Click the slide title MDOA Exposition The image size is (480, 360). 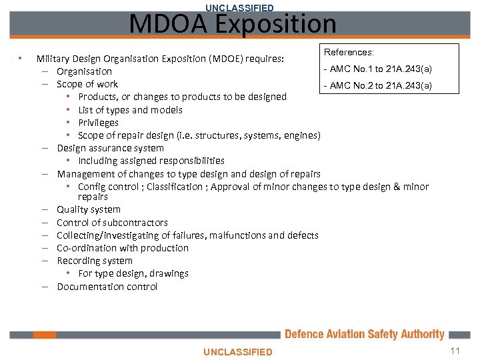coord(233,25)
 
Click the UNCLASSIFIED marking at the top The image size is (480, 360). coord(239,7)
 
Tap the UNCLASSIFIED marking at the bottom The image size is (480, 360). coord(238,351)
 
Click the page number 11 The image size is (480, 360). coord(455,351)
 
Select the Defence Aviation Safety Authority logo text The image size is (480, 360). coord(364,334)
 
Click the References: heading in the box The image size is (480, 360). coord(349,52)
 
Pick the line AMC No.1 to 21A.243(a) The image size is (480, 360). coord(377,69)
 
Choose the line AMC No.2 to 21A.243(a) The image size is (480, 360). coord(377,85)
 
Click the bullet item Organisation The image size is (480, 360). coord(84,71)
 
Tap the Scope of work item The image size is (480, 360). coord(87,84)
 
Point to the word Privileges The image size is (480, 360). coord(98,123)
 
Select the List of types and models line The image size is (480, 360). coord(130,110)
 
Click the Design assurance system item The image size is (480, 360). coord(110,148)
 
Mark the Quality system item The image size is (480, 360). coord(89,209)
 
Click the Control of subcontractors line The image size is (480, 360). coord(112,223)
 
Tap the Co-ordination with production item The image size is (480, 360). coord(123,248)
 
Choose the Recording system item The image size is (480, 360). coord(95,261)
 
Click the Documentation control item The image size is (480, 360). coord(107,287)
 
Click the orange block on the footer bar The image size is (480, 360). coord(45,335)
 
